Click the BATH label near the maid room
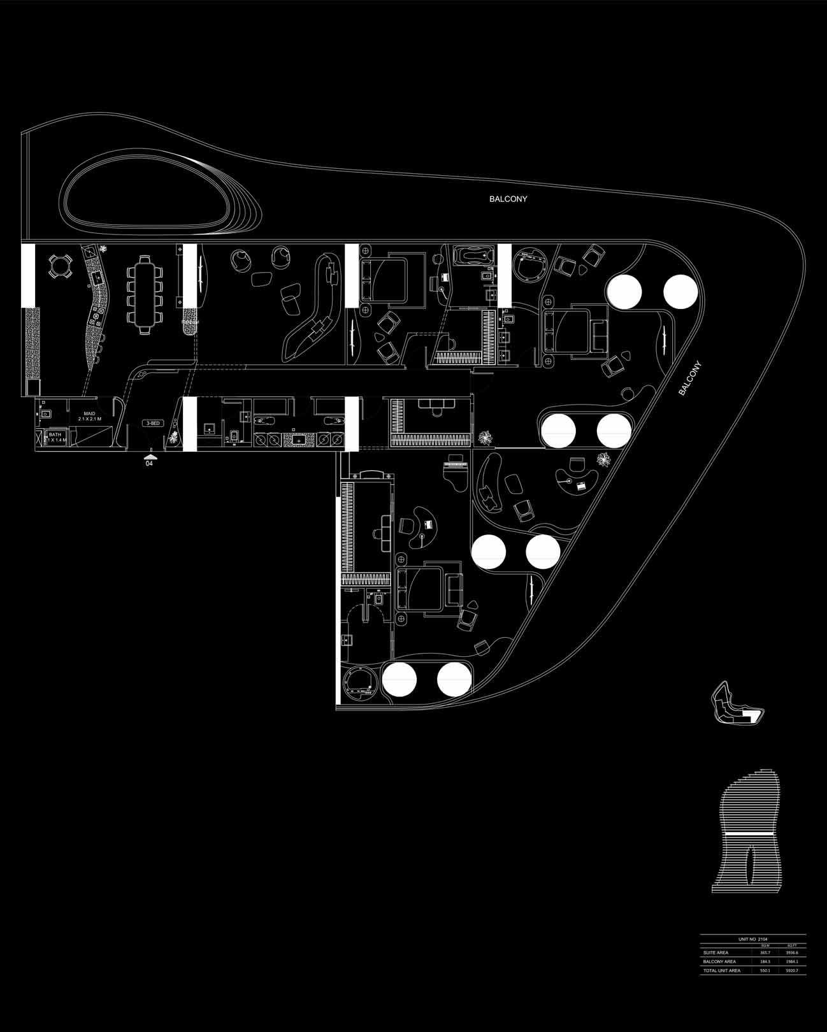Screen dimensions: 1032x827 coord(55,436)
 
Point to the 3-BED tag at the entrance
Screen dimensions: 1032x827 coord(153,423)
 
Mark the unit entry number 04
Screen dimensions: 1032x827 coord(149,464)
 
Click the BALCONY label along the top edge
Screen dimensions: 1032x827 coord(508,199)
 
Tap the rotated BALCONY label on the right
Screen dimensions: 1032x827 coord(689,379)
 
